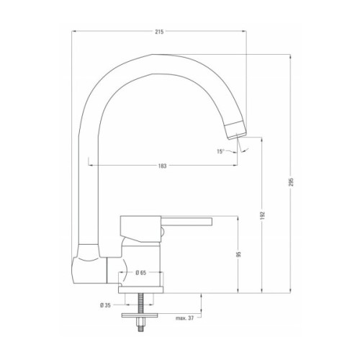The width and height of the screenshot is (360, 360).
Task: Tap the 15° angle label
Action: coord(220,151)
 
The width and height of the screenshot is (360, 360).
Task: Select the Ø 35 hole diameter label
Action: coord(106,305)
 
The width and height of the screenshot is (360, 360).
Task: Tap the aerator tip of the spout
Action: coord(236,130)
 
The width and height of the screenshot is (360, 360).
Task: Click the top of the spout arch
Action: coord(155,61)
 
